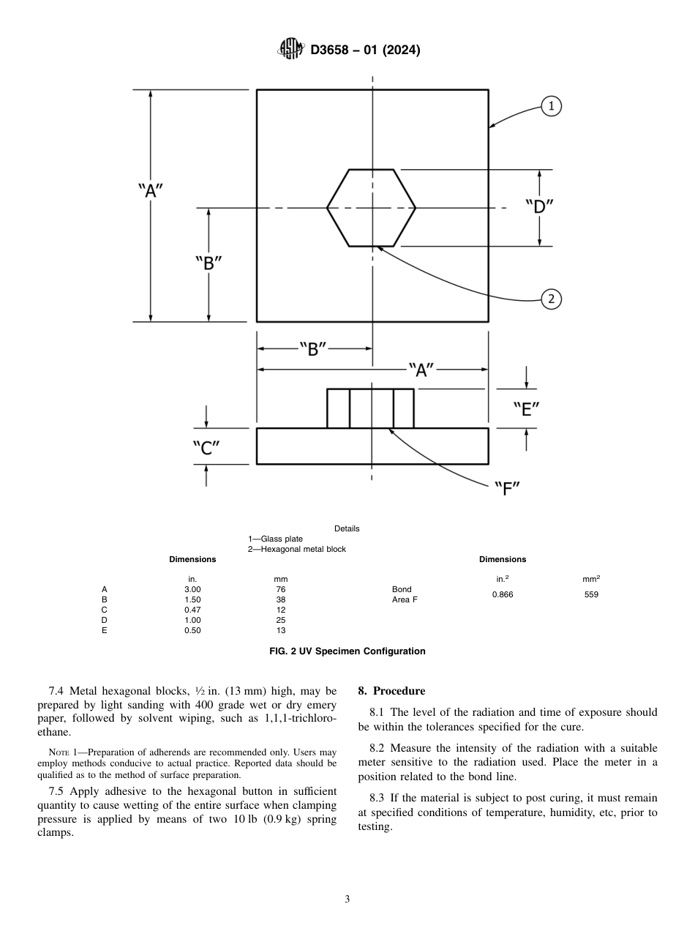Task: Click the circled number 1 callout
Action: [x=551, y=106]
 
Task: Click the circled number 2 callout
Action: [x=551, y=298]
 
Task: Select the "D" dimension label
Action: [x=538, y=207]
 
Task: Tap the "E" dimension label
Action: [x=526, y=409]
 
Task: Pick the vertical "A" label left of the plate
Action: [x=150, y=191]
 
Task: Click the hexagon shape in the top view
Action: [x=371, y=208]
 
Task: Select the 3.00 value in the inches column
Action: [x=192, y=589]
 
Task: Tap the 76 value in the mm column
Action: [x=281, y=589]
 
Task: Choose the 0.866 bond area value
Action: [x=503, y=594]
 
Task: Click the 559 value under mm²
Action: [x=591, y=594]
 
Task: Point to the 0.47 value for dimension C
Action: [x=192, y=610]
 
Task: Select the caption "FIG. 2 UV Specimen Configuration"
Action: [x=347, y=651]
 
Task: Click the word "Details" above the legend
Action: [x=347, y=528]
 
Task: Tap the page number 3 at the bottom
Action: [x=347, y=900]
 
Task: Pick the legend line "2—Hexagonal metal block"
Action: [x=296, y=549]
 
